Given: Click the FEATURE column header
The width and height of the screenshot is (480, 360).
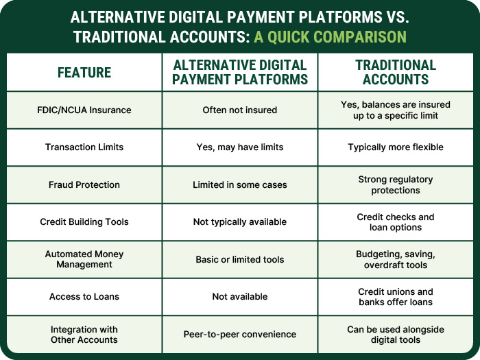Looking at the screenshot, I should tap(84, 73).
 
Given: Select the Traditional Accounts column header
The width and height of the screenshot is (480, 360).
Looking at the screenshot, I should tap(396, 72).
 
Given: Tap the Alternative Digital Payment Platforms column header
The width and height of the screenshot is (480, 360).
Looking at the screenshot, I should tap(240, 72).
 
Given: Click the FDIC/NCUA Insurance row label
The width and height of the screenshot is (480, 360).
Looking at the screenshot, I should tap(84, 110).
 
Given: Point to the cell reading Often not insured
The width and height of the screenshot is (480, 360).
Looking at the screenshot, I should tap(240, 110).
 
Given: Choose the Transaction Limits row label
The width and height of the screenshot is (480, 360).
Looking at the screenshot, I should tap(84, 147).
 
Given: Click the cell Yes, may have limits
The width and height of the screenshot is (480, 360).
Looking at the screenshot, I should tap(240, 147).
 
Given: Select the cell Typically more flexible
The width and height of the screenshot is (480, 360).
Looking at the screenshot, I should tap(396, 147).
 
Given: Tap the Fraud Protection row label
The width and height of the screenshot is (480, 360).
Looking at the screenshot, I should tap(84, 184).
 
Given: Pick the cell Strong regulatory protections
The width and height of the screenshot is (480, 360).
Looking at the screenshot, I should tap(396, 184).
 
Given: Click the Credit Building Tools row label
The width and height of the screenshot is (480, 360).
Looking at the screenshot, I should tap(84, 222).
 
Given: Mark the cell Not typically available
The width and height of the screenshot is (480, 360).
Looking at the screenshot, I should tap(240, 222).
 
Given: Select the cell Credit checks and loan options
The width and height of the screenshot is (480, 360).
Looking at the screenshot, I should tap(396, 222).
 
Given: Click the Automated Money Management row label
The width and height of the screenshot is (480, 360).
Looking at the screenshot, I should tap(84, 259).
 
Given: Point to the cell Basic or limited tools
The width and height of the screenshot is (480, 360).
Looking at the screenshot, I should tap(240, 259).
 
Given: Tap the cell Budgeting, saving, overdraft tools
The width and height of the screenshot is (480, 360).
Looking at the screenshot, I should tap(396, 259).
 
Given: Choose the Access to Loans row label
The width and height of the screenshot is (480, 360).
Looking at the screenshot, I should tap(84, 297).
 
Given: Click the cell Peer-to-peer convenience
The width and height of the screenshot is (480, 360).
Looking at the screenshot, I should tap(240, 335).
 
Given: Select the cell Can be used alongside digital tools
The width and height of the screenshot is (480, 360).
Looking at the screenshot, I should tap(396, 335).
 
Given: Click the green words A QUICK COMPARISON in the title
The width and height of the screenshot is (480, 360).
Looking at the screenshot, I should tap(330, 36).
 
